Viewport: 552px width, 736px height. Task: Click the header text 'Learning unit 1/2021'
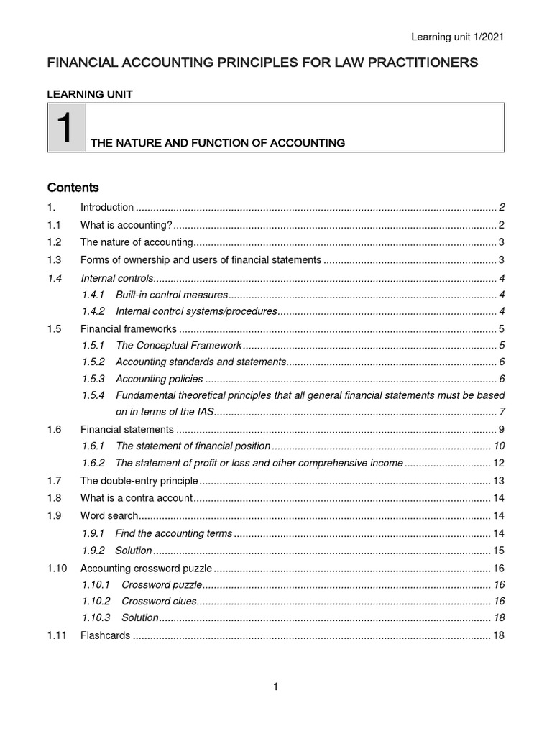452,37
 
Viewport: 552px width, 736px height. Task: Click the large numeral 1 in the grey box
66,128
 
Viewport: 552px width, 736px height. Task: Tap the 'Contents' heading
73,188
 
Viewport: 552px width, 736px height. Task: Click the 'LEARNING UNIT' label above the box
89,94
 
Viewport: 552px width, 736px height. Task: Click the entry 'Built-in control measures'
171,295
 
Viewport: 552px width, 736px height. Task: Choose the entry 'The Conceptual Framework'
178,345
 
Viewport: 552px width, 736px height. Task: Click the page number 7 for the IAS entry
501,411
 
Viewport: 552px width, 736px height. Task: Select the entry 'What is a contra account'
137,498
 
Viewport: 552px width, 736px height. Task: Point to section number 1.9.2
93,551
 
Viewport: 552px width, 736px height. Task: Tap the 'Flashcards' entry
105,635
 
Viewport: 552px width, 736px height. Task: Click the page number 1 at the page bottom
275,687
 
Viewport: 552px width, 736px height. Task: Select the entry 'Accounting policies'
159,379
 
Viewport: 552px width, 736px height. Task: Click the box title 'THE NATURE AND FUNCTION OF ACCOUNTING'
216,143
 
